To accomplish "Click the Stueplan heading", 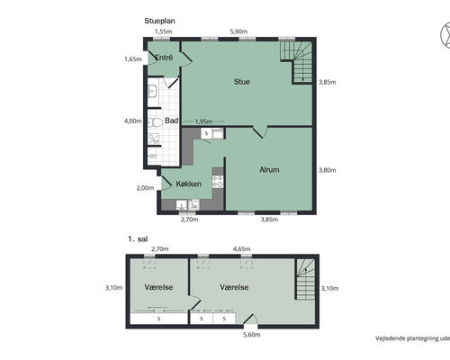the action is (159, 21).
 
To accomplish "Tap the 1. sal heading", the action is (138, 239).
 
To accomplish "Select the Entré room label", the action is (164, 58).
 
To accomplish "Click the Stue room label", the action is (242, 82).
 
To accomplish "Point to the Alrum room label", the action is (269, 170).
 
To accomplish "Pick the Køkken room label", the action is (189, 184).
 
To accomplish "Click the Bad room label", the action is (172, 121).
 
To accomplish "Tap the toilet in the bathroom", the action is (155, 122).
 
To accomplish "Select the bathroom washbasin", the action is (152, 91).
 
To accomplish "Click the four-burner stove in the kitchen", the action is (218, 182).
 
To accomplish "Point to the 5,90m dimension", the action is (238, 31).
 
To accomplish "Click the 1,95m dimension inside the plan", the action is (204, 121).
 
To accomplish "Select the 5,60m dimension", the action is (251, 335).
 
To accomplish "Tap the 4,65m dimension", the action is (242, 249).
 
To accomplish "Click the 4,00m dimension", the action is (133, 121).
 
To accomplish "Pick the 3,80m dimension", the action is (327, 170).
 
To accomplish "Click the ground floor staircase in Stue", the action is (296, 61).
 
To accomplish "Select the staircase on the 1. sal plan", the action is (305, 279).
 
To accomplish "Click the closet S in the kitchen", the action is (206, 133).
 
